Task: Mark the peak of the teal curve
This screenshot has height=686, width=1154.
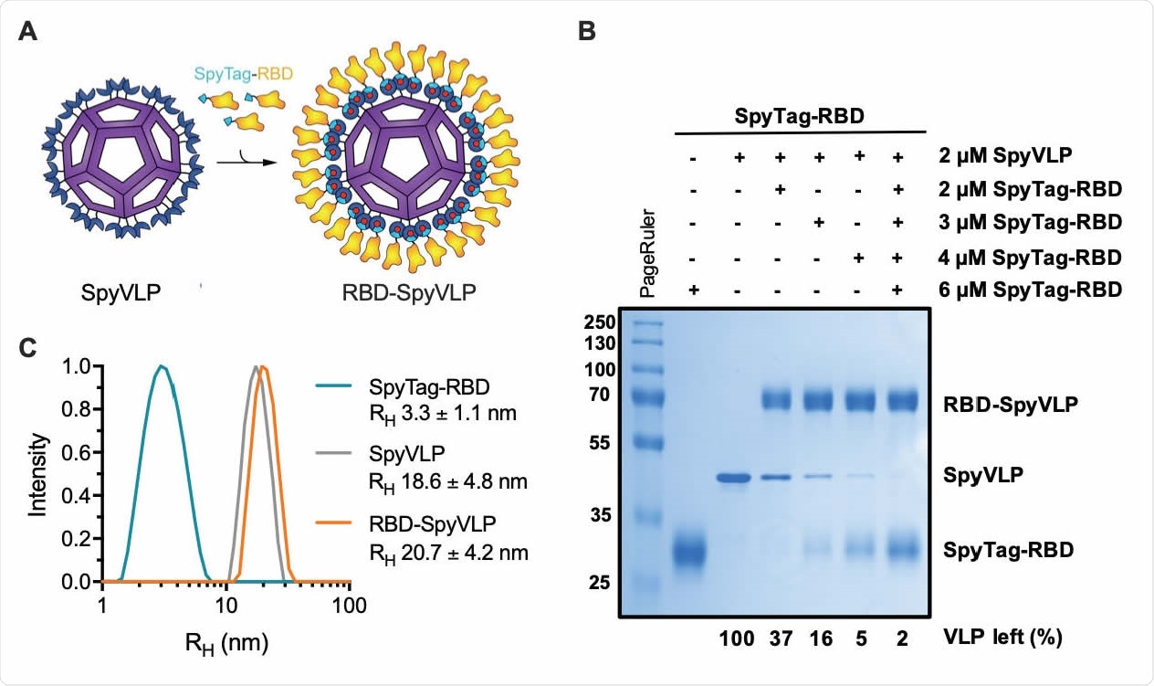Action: point(162,367)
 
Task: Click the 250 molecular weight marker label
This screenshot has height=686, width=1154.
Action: point(601,322)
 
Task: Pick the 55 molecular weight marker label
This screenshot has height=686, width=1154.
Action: point(604,443)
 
